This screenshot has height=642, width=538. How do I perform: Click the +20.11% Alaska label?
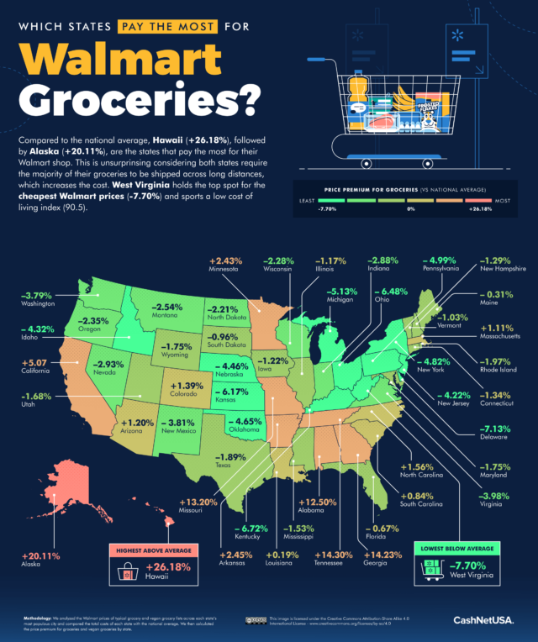(x=35, y=560)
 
